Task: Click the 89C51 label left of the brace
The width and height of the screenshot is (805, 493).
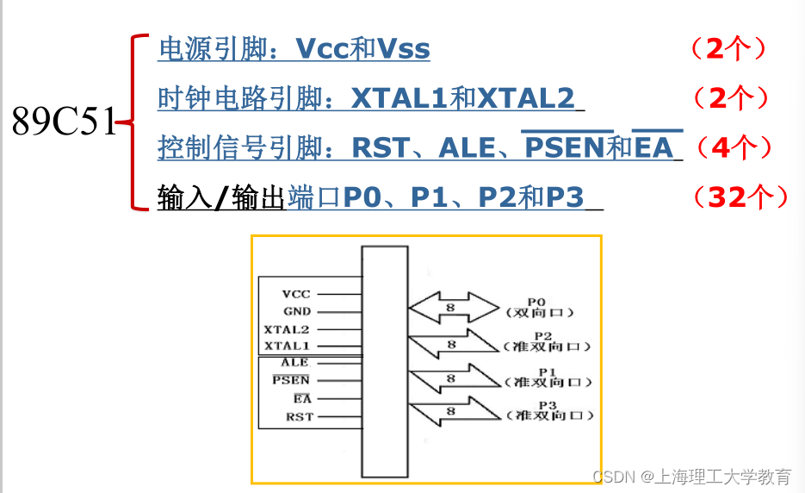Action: pos(63,123)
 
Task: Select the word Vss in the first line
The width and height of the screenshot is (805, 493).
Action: pos(404,49)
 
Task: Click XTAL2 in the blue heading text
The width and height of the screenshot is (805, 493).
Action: pos(526,99)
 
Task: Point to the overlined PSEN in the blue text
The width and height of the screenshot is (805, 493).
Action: pos(564,148)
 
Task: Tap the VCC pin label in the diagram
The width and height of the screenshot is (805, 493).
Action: pos(296,294)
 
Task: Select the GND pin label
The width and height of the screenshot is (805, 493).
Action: pos(297,312)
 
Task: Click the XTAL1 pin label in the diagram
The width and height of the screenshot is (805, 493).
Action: pos(287,346)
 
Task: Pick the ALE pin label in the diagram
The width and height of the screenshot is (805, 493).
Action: pos(294,363)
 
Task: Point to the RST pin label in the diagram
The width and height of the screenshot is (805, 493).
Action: pos(300,417)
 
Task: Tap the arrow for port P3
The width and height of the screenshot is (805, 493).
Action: pos(453,411)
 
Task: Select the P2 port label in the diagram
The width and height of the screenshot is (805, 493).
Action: pos(542,335)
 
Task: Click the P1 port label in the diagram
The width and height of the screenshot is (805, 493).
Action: pos(542,370)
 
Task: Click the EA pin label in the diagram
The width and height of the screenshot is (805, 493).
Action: pos(301,399)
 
